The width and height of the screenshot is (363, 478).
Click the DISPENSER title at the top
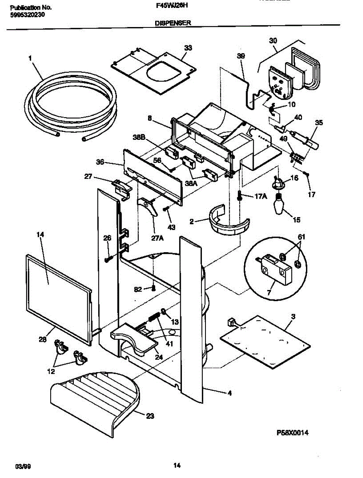[173, 24]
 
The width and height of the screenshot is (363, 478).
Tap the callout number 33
[188, 48]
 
